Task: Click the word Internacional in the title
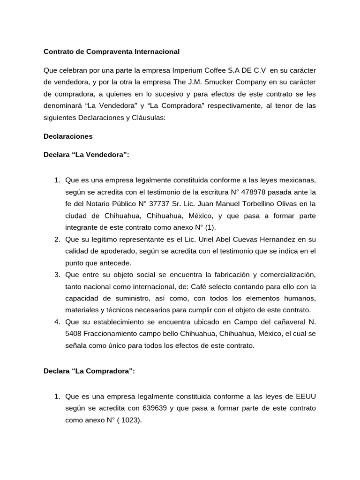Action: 155,51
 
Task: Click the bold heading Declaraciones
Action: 68,136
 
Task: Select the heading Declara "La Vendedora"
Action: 86,155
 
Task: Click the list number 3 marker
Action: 56,274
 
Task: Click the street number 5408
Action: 75,334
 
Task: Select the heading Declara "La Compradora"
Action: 89,371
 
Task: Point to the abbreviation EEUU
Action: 305,396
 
